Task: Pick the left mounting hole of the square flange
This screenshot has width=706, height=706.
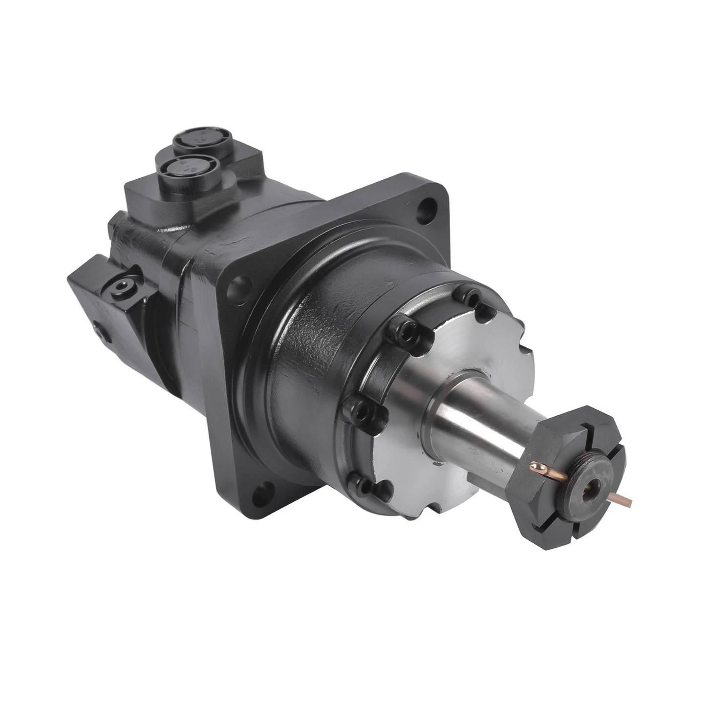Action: [x=239, y=283]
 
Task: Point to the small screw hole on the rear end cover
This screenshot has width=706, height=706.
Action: [x=100, y=332]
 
